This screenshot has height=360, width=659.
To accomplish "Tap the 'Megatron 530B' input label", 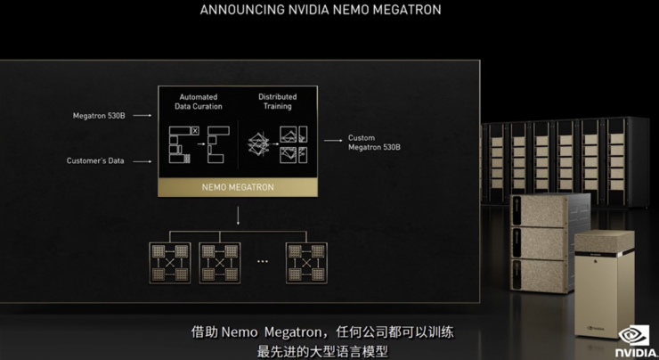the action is [99, 116].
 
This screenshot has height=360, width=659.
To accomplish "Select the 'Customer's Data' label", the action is [95, 160].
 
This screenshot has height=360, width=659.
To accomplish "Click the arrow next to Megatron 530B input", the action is [142, 115].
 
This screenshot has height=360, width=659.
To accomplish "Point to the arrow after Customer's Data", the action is [142, 161].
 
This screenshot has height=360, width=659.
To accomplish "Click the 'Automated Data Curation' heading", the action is [199, 102].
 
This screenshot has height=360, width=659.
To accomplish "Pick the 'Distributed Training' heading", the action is [277, 102].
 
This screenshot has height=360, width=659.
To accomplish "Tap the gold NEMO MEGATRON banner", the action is [238, 187].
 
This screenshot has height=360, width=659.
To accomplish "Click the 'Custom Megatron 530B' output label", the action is [374, 143].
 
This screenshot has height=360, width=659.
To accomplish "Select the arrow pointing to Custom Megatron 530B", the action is [333, 141].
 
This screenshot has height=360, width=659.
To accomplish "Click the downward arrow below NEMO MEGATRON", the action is [238, 216].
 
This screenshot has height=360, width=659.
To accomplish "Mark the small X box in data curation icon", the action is [195, 131].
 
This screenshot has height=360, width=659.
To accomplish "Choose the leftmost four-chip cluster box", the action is [170, 263].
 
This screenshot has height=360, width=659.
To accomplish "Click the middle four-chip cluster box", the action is [220, 263].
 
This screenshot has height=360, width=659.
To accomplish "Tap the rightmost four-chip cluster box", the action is [306, 263].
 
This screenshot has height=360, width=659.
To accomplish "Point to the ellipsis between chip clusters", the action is [263, 262].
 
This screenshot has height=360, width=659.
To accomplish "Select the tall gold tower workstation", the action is [605, 284].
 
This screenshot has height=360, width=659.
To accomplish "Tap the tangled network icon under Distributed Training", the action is [258, 144].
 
